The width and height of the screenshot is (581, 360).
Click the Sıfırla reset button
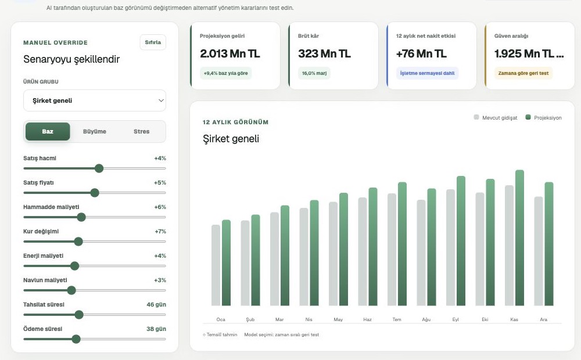pyautogui.click(x=153, y=42)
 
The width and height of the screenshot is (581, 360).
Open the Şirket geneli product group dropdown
pyautogui.click(x=95, y=100)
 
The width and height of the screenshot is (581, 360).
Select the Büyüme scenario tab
pyautogui.click(x=95, y=131)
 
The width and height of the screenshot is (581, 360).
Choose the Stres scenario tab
pyautogui.click(x=142, y=131)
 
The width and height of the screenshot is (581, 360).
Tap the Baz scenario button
pyautogui.click(x=48, y=131)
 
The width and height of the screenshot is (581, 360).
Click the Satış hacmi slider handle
pyautogui.click(x=99, y=168)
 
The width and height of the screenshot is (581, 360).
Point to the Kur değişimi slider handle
pyautogui.click(x=78, y=242)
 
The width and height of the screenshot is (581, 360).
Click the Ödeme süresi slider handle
pyautogui.click(x=76, y=339)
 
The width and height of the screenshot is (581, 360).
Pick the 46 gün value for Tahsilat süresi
pyautogui.click(x=156, y=304)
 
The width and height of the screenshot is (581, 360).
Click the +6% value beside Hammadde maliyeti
pyautogui.click(x=160, y=207)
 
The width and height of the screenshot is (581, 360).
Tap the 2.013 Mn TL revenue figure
pyautogui.click(x=229, y=53)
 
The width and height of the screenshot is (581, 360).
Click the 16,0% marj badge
pyautogui.click(x=314, y=73)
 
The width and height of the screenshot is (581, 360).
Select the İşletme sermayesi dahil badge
pyautogui.click(x=427, y=73)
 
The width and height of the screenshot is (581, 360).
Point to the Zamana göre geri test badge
pyautogui.click(x=523, y=73)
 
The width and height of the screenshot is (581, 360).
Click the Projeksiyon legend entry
pyautogui.click(x=544, y=118)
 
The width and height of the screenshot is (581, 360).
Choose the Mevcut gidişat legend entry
pyautogui.click(x=496, y=118)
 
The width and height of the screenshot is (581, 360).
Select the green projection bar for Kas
pyautogui.click(x=519, y=238)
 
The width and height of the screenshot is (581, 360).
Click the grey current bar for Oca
pyautogui.click(x=216, y=265)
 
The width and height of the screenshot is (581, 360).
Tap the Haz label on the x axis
pyautogui.click(x=367, y=319)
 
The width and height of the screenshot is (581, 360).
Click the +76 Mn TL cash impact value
pyautogui.click(x=421, y=53)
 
